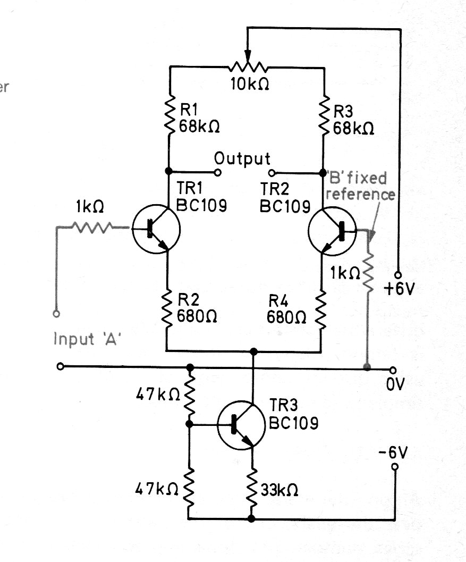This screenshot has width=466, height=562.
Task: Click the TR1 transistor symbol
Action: point(156,229)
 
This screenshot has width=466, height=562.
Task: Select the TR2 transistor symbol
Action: point(332,231)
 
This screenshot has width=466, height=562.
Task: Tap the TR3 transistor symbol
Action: point(241,425)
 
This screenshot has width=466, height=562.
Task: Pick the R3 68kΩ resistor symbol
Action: point(325,115)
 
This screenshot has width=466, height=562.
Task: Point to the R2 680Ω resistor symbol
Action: point(167,311)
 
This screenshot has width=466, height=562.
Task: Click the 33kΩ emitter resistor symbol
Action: point(252,489)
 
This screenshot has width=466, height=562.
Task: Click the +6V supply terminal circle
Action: point(398,275)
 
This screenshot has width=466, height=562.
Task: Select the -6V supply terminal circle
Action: point(395,467)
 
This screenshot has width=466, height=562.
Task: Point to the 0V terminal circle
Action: point(393,370)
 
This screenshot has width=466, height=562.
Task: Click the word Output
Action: point(242,159)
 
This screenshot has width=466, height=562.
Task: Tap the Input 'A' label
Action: point(87,339)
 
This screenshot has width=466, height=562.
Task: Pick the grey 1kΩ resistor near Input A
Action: point(92,227)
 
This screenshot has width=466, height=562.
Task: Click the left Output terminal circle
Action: point(217,173)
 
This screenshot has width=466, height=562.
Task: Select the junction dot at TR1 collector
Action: point(168,171)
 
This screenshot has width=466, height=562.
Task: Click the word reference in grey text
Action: point(360,194)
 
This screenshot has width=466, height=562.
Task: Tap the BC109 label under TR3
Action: point(293,423)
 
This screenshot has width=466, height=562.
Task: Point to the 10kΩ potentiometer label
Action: point(250,84)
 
